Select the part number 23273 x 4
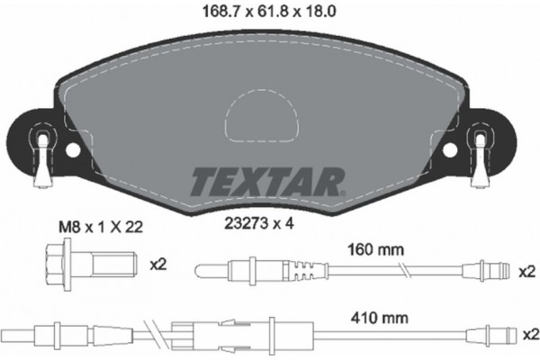pos(268,226)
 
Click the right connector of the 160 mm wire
pos(481,267)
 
